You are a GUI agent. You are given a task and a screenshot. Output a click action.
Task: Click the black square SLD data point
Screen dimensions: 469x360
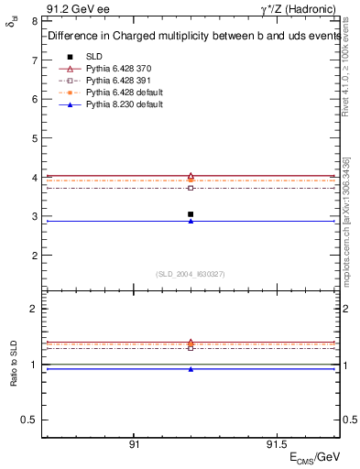coord(191,214)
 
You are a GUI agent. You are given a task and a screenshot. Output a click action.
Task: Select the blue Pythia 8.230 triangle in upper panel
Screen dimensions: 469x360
coord(191,221)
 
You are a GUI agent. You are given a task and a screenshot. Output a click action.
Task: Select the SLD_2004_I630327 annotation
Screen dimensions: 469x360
coord(190,274)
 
